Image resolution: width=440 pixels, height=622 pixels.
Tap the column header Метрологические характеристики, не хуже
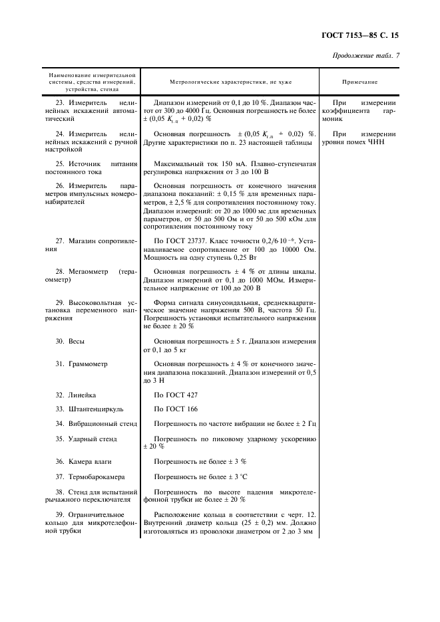(x=230, y=82)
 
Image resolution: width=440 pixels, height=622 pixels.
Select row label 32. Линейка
(x=76, y=394)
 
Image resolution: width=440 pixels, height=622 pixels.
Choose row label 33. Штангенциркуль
(x=88, y=409)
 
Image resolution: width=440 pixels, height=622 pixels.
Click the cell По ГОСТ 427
(x=176, y=394)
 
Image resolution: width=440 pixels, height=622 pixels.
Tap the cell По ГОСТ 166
(x=176, y=409)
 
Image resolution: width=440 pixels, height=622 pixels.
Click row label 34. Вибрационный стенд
(x=96, y=423)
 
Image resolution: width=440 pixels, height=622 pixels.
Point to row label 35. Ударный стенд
(x=86, y=439)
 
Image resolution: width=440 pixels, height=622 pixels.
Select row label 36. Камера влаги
(x=83, y=461)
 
